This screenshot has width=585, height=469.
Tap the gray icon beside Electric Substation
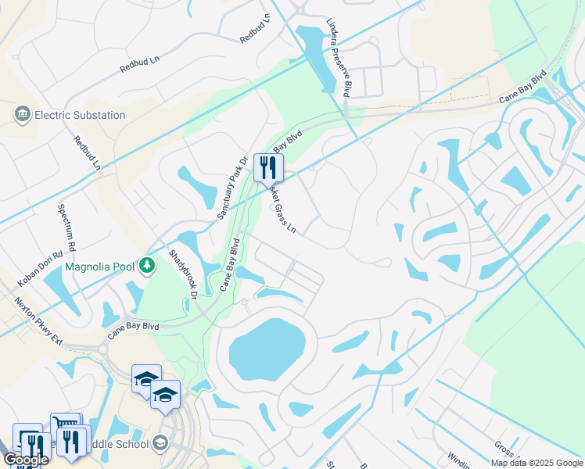point(21,115)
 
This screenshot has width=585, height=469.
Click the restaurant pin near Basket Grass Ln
point(268,166)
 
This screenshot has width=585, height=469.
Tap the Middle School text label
point(117,444)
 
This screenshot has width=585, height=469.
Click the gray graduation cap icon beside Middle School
point(160,444)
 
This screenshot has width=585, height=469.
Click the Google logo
point(26,460)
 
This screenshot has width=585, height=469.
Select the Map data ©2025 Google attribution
point(537,463)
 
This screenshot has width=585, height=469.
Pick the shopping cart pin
point(66,427)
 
